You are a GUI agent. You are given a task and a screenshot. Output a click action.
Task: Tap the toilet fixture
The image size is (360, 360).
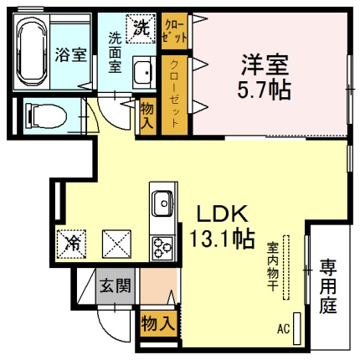click(46, 116)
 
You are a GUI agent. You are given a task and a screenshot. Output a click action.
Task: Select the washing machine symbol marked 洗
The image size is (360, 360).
click(141, 28)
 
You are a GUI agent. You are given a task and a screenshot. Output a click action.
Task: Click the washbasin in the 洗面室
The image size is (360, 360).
click(144, 72)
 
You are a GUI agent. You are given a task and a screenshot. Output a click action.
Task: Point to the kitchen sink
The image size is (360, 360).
click(162, 203)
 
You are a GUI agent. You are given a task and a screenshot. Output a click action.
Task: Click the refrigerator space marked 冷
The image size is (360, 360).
click(71, 244)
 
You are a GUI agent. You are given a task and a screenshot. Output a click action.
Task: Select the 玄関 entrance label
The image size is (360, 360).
click(116, 285)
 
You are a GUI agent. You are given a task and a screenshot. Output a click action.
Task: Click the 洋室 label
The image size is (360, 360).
click(265, 64)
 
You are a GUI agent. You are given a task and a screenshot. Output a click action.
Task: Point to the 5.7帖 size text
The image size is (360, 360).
click(264, 90)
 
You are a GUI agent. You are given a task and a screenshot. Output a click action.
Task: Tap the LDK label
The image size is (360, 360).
click(223, 213)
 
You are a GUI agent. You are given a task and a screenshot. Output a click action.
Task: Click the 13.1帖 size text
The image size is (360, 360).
click(222, 239)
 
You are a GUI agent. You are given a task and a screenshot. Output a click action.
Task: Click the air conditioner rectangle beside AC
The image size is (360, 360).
click(297, 328)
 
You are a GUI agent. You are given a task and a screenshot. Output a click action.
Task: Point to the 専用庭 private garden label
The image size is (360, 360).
click(328, 287)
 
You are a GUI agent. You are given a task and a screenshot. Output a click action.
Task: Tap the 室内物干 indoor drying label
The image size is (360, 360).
click(272, 266)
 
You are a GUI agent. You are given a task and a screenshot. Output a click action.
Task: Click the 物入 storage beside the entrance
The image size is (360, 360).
click(159, 324)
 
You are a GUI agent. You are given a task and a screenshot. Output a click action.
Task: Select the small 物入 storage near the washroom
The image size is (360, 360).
click(147, 116)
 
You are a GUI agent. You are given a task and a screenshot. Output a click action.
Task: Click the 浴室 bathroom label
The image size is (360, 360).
click(70, 55)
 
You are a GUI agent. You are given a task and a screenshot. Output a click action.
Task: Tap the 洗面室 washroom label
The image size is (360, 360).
click(115, 53)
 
